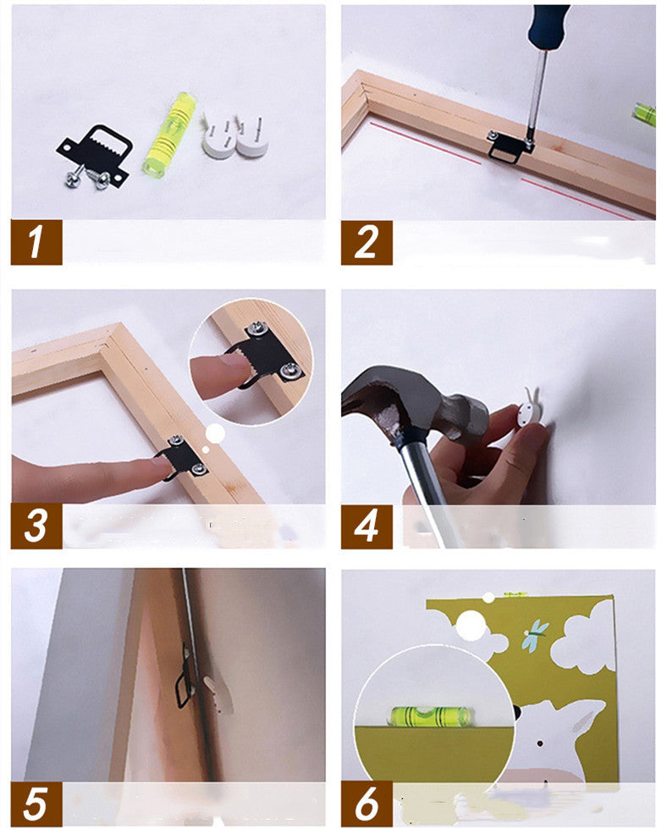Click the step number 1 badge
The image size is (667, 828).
click(36, 242)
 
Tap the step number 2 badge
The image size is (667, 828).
click(367, 242)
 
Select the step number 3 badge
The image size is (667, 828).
click(36, 526)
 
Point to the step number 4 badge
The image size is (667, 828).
click(367, 526)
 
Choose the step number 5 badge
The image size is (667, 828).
click(36, 803)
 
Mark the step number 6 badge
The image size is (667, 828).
click(367, 803)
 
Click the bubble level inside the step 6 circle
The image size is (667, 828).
click(431, 715)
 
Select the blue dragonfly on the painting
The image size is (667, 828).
click(536, 633)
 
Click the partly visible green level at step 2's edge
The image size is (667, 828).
click(645, 115)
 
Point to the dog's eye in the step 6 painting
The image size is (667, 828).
click(540, 743)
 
